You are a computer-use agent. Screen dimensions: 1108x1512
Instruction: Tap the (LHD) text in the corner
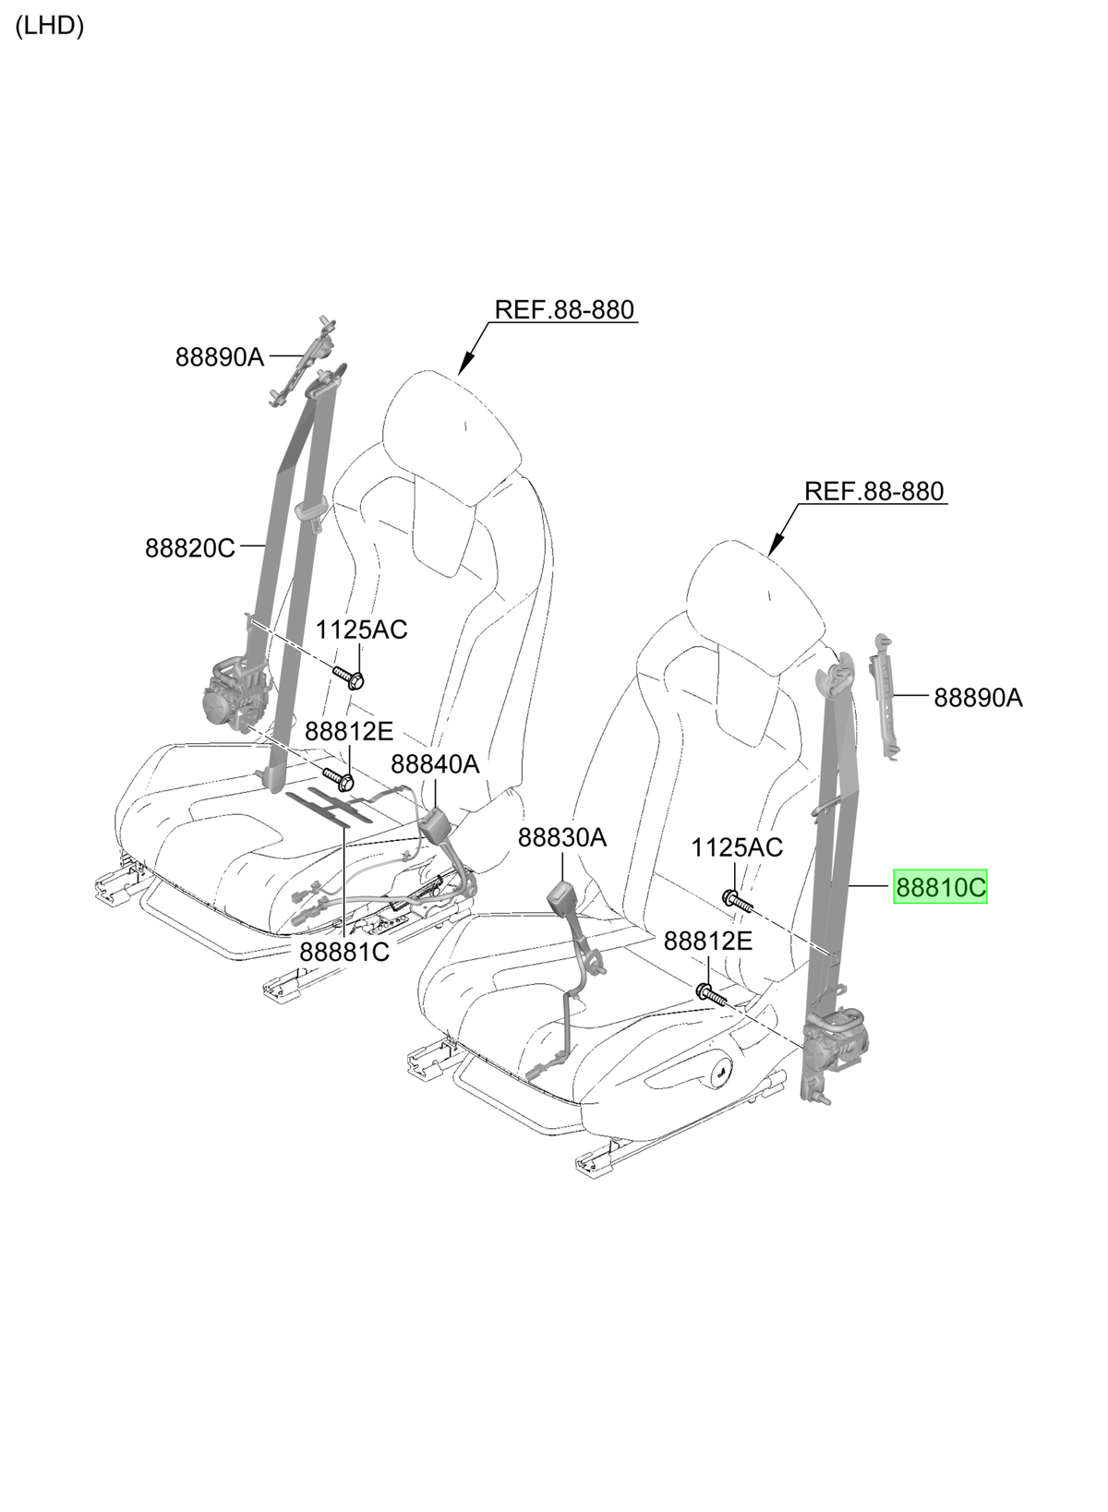pos(49,26)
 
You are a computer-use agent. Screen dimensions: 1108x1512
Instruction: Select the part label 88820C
pos(189,547)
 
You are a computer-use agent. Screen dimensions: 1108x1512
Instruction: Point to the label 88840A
pos(435,764)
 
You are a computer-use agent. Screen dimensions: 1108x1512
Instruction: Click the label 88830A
pos(562,837)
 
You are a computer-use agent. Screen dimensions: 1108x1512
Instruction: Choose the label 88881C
pos(344,953)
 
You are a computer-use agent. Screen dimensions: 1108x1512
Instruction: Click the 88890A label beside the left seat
pos(220,356)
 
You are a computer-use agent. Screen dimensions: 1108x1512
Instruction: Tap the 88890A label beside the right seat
pos(979,698)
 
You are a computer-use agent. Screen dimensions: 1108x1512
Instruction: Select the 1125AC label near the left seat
pos(361,630)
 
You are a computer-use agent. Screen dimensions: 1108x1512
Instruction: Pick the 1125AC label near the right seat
pos(737,847)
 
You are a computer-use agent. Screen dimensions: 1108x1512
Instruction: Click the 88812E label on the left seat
pos(348,731)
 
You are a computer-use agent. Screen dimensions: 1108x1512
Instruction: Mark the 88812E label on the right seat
pos(707,941)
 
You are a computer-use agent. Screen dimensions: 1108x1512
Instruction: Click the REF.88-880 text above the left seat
pos(564,310)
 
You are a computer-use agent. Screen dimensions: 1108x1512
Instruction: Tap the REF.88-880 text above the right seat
pos(873,491)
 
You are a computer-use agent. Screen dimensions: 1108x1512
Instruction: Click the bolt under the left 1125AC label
pos(348,678)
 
